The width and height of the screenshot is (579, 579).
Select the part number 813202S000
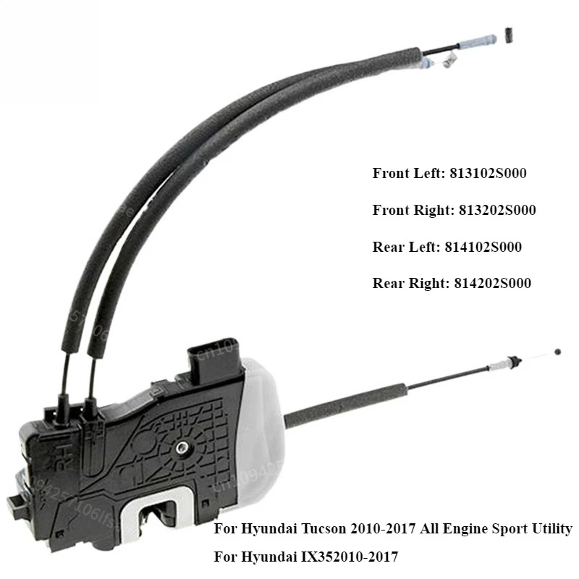tap(497, 210)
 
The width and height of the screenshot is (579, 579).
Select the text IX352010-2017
tap(344, 557)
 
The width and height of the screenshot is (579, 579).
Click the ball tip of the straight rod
tap(556, 351)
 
